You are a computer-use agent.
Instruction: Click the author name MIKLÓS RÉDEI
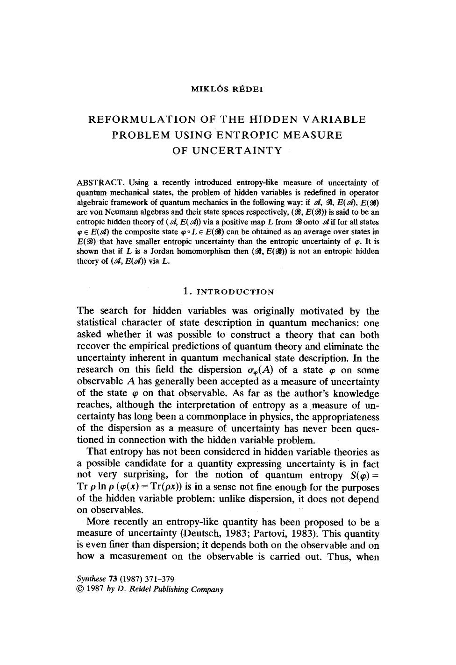tap(227, 90)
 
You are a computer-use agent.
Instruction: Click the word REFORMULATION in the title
tap(142, 119)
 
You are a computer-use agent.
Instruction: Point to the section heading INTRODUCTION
tap(235, 292)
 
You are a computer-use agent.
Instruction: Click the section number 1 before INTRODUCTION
tap(186, 292)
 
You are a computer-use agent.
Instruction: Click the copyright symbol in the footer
tap(79, 589)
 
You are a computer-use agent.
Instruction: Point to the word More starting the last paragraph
tap(98, 522)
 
